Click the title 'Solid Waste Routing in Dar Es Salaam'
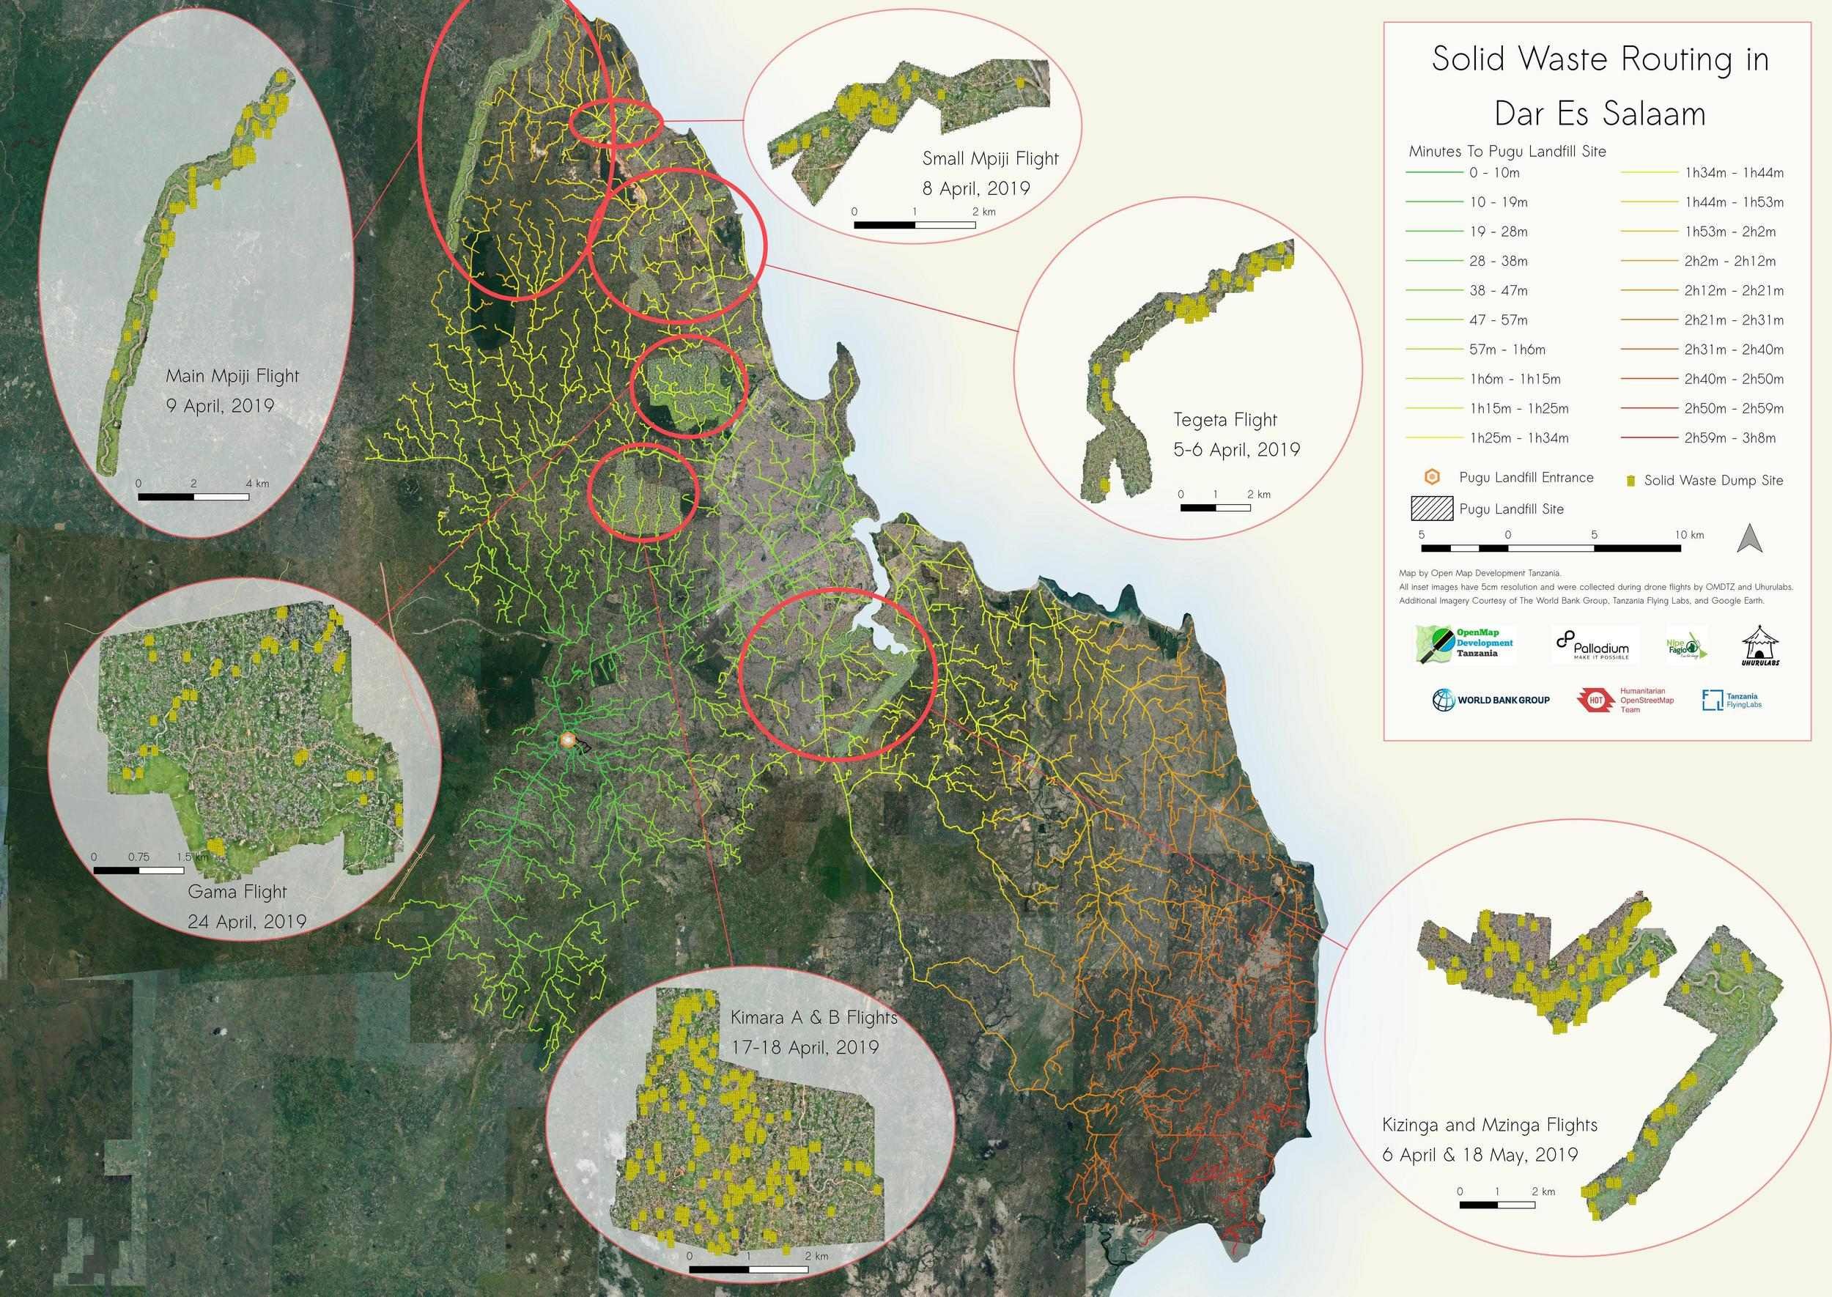tap(1600, 86)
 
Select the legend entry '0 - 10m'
tap(1494, 172)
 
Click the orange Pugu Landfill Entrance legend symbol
tap(1433, 478)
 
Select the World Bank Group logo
tap(1491, 700)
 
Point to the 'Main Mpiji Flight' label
tap(232, 375)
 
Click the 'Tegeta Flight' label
tap(1225, 419)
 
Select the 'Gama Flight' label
tap(237, 891)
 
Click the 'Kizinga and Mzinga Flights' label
tap(1489, 1126)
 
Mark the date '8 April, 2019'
tap(976, 188)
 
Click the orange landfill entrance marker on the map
tap(568, 740)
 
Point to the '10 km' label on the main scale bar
tap(1689, 534)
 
